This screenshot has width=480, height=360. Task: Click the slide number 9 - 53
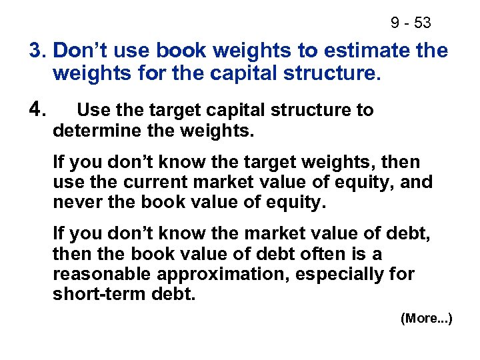coord(411,23)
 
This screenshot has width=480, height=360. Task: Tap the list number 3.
coord(37,51)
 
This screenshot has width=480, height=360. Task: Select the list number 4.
coord(37,110)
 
